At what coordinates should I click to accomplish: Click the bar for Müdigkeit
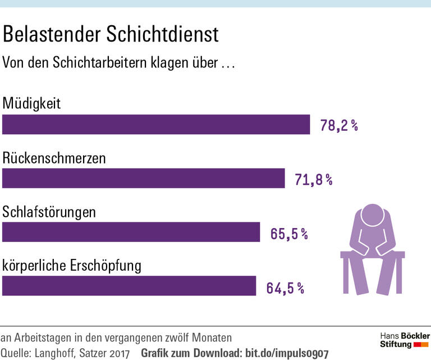point(156,125)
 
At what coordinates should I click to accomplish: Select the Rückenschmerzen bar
point(144,179)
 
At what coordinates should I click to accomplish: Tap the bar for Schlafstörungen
point(131,232)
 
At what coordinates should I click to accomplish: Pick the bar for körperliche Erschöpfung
point(129,286)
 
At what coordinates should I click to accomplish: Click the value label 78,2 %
point(339,125)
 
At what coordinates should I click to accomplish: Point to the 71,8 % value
point(314,180)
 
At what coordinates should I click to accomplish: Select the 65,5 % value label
point(289,234)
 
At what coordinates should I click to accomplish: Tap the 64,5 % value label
point(285,288)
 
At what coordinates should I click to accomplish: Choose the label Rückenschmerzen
point(54,158)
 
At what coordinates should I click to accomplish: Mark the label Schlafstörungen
point(49,212)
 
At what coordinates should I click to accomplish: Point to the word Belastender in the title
point(51,35)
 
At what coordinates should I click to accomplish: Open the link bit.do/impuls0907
point(286,354)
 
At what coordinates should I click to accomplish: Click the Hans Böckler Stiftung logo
point(405,340)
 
